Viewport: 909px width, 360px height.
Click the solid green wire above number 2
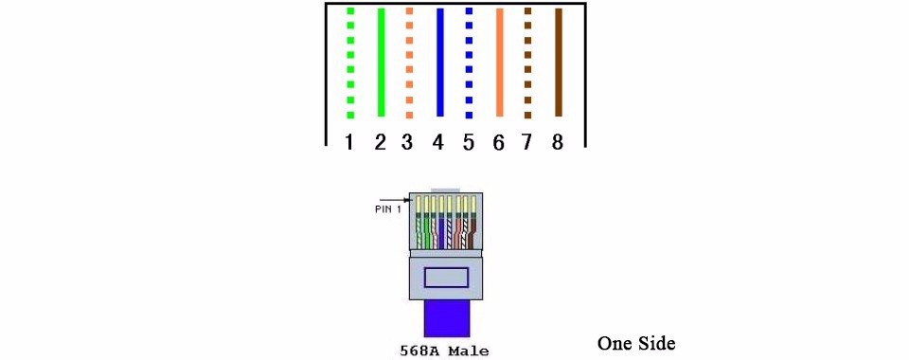tap(381, 63)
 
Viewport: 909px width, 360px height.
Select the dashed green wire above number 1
tap(350, 63)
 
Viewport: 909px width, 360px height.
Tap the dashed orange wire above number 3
tap(409, 63)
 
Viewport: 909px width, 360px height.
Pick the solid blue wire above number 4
tap(440, 63)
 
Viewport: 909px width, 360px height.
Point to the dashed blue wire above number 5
tap(469, 63)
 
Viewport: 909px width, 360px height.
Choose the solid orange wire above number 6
tap(500, 63)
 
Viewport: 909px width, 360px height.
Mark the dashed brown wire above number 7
tap(527, 63)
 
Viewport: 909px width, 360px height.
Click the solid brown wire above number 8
tap(559, 63)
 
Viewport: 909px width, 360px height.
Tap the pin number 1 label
tap(349, 142)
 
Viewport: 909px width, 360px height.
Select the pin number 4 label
tap(438, 142)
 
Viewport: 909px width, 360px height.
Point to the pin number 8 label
tap(557, 142)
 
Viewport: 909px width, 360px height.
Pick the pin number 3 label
tap(407, 142)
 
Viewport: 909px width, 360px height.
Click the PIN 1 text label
tap(388, 209)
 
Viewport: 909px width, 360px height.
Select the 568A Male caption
tap(444, 351)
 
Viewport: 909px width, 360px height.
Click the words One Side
tap(636, 343)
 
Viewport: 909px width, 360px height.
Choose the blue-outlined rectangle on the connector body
tap(446, 277)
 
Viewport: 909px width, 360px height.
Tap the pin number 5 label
tap(469, 142)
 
